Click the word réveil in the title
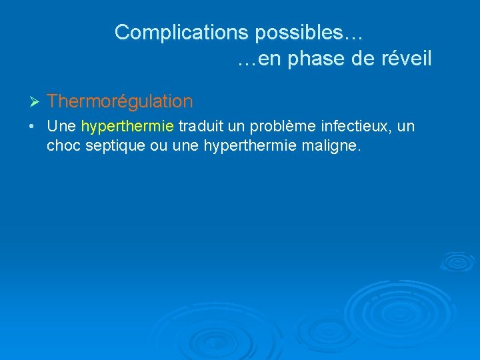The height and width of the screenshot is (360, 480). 405,59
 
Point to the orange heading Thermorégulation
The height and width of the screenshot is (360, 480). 120,101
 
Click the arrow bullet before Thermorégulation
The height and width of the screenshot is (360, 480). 36,102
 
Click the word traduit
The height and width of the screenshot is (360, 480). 201,127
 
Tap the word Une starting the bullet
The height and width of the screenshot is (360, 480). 62,127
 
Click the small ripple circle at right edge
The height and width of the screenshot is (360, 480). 457,261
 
